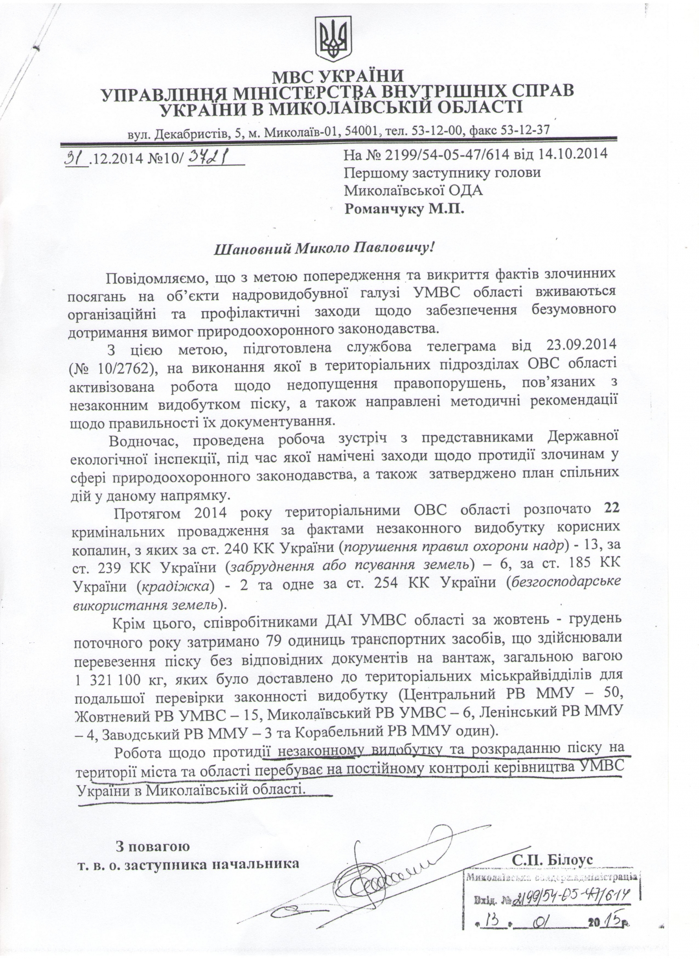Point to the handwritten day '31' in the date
coord(75,159)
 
